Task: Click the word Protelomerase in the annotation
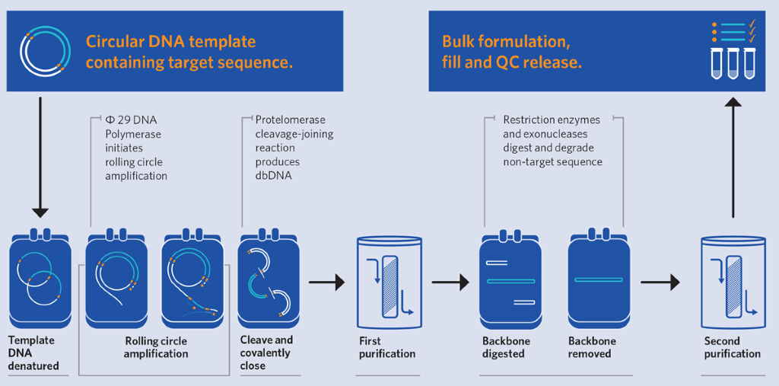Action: pyautogui.click(x=290, y=120)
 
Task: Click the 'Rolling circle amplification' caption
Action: pyautogui.click(x=155, y=347)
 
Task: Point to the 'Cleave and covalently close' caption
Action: pyautogui.click(x=266, y=353)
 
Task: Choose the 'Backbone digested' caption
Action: pyautogui.click(x=506, y=347)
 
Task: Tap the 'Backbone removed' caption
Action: pyautogui.click(x=592, y=347)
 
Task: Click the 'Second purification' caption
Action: pyautogui.click(x=732, y=347)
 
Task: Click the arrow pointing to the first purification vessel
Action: pyautogui.click(x=326, y=282)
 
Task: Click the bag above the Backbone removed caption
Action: pyautogui.click(x=599, y=279)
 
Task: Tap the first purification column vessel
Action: pyautogui.click(x=389, y=279)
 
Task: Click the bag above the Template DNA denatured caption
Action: pyautogui.click(x=39, y=279)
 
